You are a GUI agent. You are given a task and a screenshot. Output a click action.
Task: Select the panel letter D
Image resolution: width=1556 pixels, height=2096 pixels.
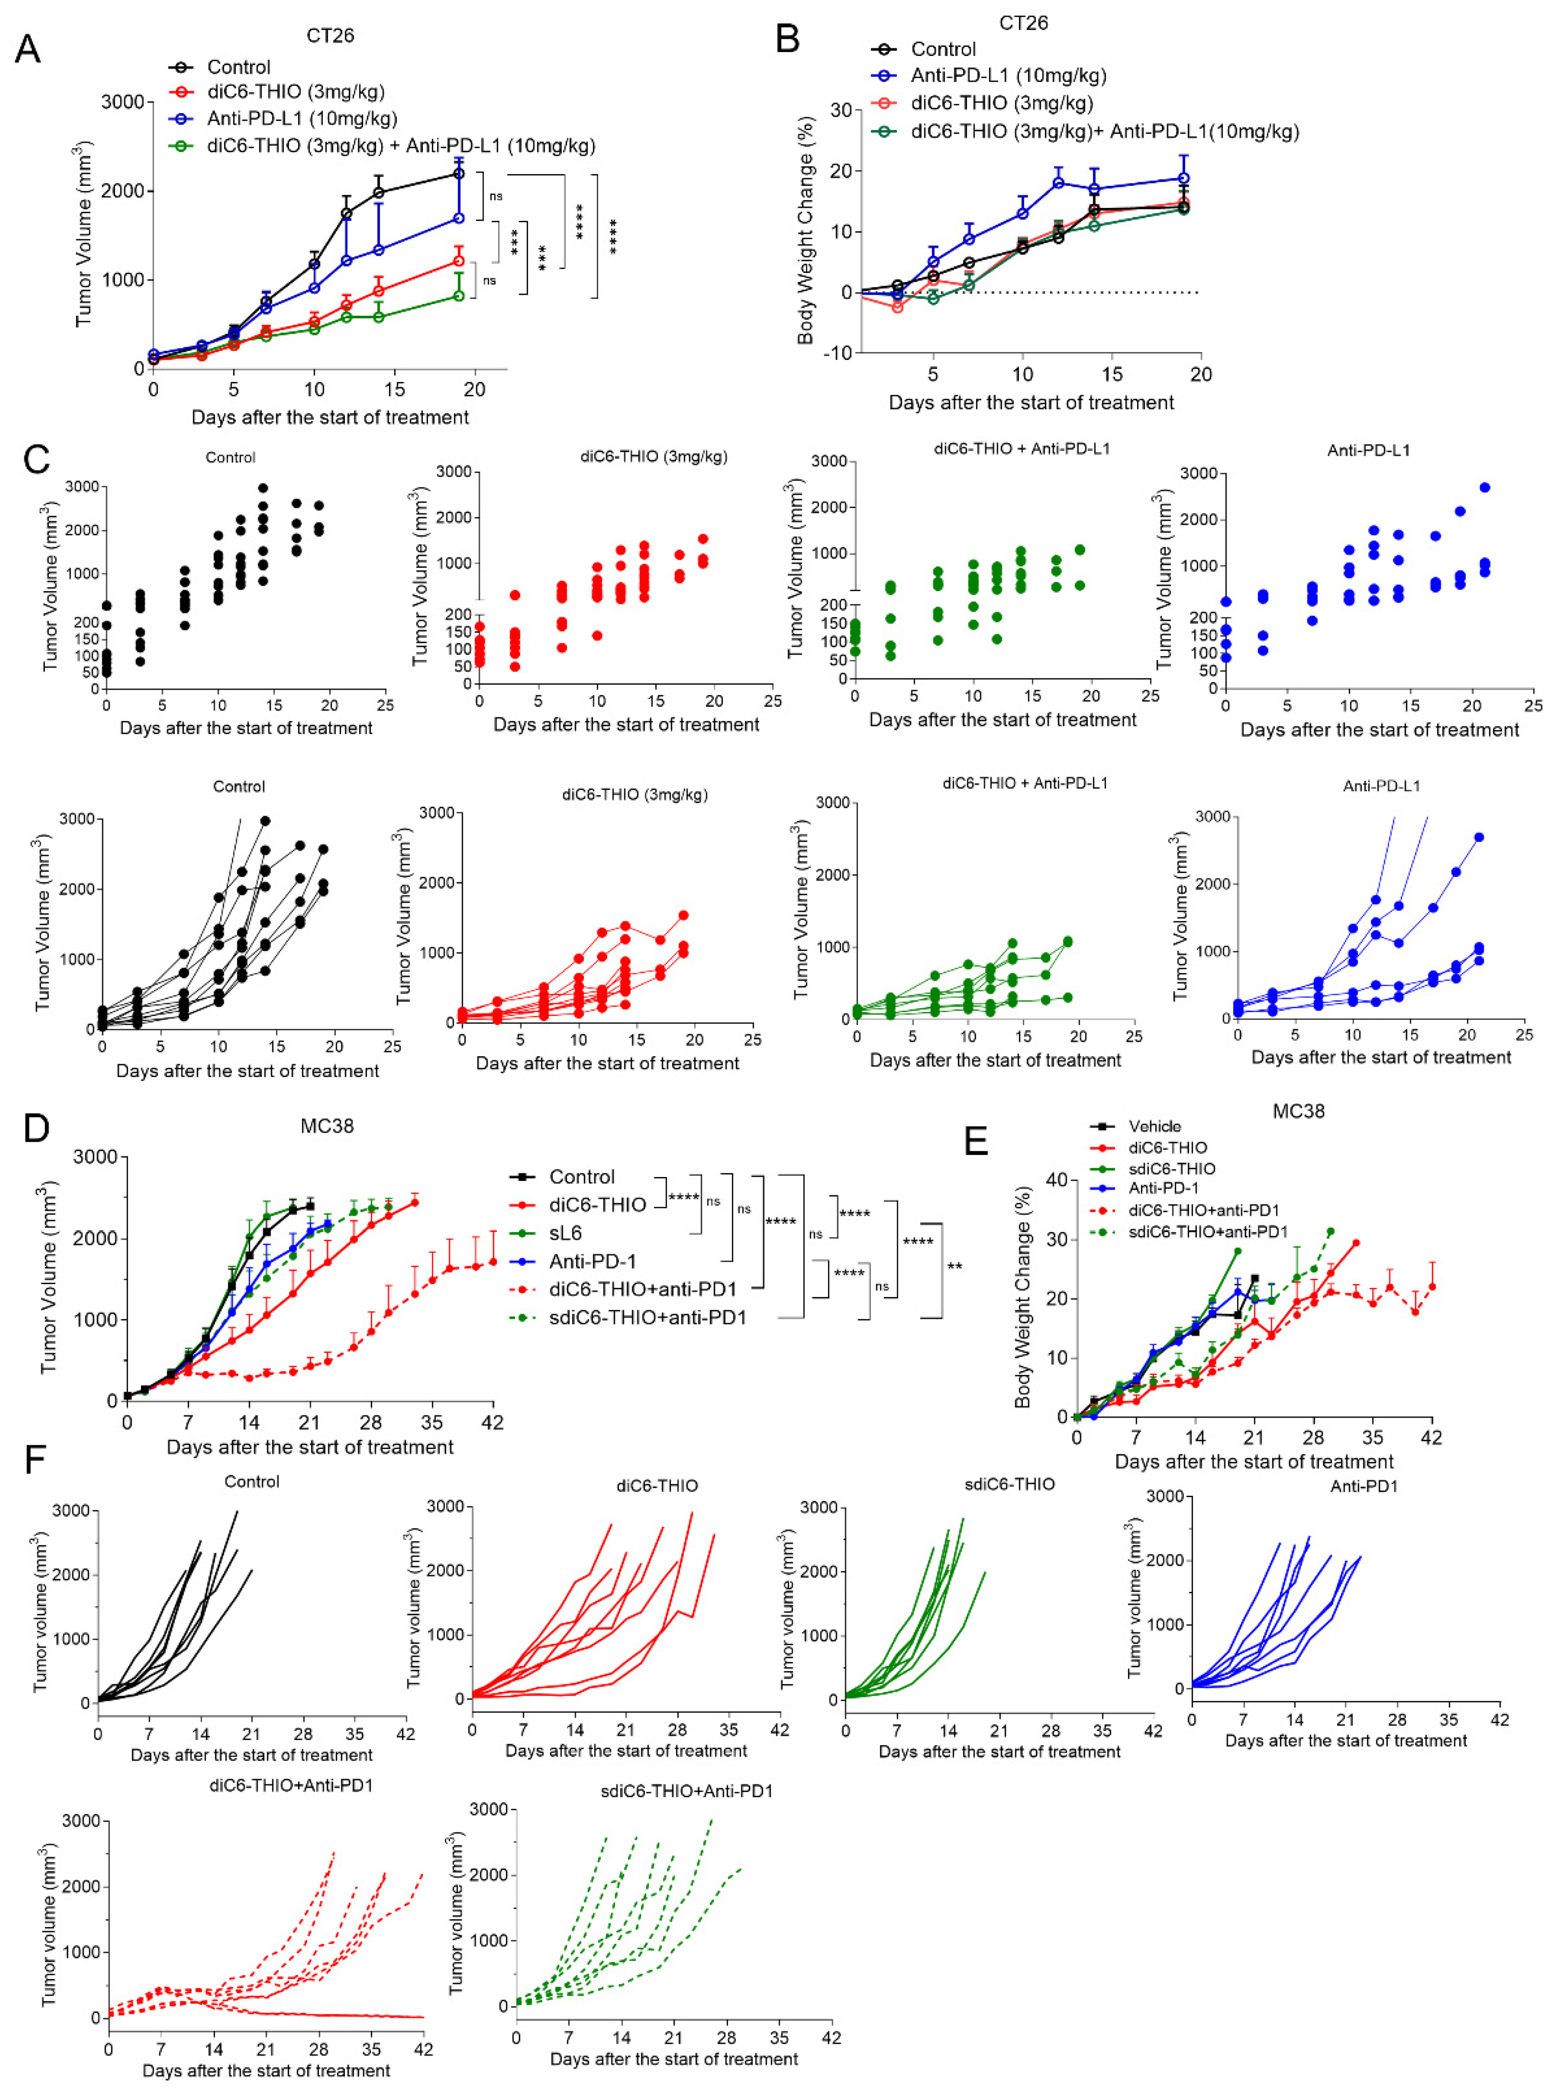pos(36,1128)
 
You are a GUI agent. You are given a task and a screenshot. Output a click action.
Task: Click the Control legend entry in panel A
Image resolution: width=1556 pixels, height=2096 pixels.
pos(238,67)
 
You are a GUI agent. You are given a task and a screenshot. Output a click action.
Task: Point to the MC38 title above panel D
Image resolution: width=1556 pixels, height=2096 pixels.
pos(327,1126)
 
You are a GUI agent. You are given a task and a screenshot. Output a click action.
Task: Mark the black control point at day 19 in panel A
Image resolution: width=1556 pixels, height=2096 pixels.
pos(459,173)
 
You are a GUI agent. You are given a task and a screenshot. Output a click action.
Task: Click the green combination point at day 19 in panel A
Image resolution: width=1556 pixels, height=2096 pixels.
pos(459,296)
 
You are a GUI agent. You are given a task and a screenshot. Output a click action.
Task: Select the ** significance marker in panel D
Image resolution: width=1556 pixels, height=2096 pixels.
pos(954,1266)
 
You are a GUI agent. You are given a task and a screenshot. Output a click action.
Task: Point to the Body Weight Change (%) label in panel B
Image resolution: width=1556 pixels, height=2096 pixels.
pos(805,231)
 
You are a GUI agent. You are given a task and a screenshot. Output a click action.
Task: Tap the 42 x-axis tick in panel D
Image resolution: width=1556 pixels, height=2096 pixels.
pos(492,1423)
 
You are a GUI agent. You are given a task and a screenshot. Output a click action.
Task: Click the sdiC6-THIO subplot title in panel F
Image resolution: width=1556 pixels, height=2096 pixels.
pos(1010,1484)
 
